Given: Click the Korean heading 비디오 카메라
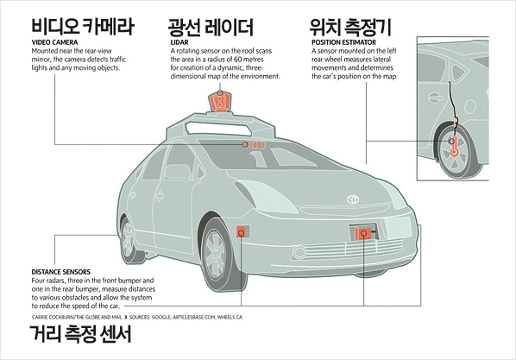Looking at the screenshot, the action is (83, 27).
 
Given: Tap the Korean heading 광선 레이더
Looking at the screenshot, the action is (211, 27).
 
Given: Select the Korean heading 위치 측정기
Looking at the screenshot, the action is (350, 27).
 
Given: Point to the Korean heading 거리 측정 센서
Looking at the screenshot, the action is (80, 333).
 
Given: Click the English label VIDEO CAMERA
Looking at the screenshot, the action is (54, 42).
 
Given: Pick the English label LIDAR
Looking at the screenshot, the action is (179, 42).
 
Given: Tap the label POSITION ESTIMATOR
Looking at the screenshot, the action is (344, 42).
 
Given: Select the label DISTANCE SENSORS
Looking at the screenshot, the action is (61, 272).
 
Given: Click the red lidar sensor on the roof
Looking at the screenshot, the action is (219, 101).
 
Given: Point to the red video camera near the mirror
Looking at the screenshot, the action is (254, 144).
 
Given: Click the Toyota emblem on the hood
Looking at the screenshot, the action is (353, 199).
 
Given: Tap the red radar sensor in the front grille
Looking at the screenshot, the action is (362, 233).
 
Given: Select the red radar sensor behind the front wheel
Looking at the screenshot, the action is (242, 232).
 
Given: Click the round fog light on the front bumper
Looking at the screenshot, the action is (299, 253).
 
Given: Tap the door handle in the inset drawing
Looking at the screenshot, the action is (436, 98).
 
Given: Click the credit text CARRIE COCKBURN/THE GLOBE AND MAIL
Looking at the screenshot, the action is (77, 317).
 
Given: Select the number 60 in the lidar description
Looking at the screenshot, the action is (238, 60).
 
